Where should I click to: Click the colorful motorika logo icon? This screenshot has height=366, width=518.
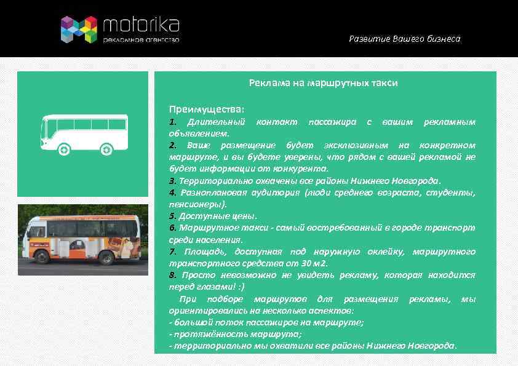pyautogui.click(x=79, y=30)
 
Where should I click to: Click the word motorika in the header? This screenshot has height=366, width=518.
pyautogui.click(x=141, y=25)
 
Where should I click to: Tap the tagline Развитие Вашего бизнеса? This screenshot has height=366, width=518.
pyautogui.click(x=404, y=39)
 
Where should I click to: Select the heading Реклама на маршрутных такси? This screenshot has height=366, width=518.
pyautogui.click(x=323, y=82)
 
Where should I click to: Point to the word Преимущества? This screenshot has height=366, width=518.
pyautogui.click(x=207, y=109)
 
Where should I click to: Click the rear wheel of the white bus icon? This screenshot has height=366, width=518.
pyautogui.click(x=106, y=149)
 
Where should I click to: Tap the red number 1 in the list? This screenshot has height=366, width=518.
pyautogui.click(x=172, y=122)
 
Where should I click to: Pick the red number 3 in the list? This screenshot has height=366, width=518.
pyautogui.click(x=172, y=181)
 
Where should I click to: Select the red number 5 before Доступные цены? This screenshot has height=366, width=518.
pyautogui.click(x=172, y=216)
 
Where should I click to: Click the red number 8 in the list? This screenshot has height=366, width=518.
pyautogui.click(x=172, y=275)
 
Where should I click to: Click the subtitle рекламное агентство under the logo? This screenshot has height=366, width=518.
pyautogui.click(x=141, y=40)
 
